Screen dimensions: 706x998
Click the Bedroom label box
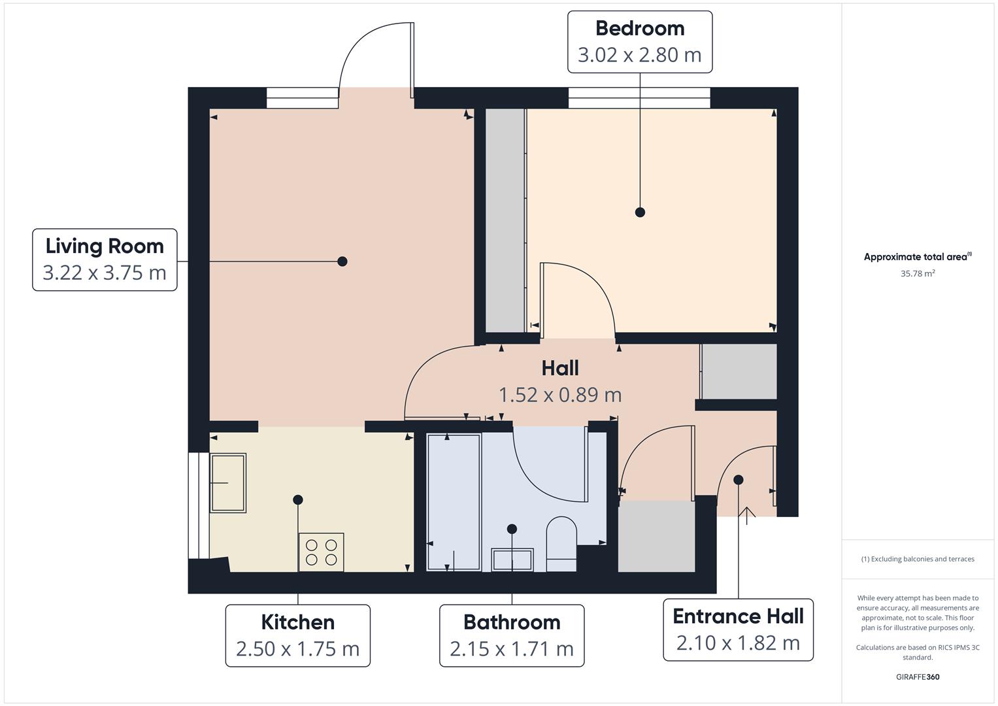pos(639,41)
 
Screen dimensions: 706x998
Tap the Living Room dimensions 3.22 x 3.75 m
pos(105,273)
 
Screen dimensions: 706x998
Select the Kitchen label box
pos(298,635)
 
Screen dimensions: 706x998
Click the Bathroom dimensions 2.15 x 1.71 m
pos(512,648)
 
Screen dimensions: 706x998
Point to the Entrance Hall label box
pos(738,629)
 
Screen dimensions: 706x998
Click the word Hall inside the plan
pos(560,368)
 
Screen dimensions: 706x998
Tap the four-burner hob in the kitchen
pos(321,552)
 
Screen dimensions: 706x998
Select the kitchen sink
pos(228,482)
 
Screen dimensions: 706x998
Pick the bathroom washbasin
pos(512,560)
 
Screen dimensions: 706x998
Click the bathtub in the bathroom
pos(454,502)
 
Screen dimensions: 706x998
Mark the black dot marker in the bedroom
pos(640,212)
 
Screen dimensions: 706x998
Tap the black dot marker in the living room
pos(342,261)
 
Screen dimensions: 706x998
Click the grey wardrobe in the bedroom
pos(505,220)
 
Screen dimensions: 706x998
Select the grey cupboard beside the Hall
pos(739,371)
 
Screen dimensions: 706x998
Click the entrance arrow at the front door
pos(747,513)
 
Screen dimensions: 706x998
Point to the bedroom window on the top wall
pos(639,98)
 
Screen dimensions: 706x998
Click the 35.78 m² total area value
pos(918,274)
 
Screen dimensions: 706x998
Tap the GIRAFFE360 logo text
pos(918,677)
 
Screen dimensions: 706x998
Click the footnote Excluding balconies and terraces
pos(918,559)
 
